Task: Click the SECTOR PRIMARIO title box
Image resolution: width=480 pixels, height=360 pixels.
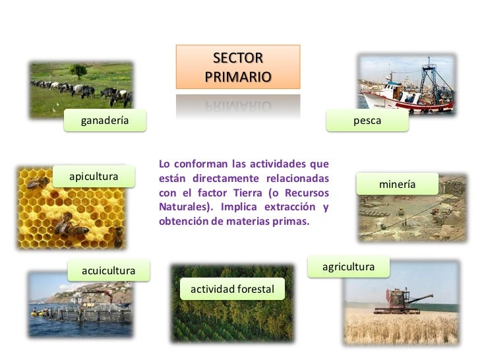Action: [237, 67]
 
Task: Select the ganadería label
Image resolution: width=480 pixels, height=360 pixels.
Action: [104, 121]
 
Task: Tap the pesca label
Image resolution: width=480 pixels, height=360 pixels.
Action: [367, 121]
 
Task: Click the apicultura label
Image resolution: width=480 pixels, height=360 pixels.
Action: [94, 177]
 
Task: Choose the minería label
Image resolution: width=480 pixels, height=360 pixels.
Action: [397, 185]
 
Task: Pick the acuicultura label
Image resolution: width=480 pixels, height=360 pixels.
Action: [108, 270]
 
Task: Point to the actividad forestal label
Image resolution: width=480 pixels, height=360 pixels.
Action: [232, 289]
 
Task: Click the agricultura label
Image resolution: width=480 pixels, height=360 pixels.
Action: [348, 267]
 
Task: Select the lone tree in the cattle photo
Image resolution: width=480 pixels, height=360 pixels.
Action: [78, 70]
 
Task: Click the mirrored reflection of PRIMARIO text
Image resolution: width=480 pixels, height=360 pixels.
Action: [237, 105]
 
